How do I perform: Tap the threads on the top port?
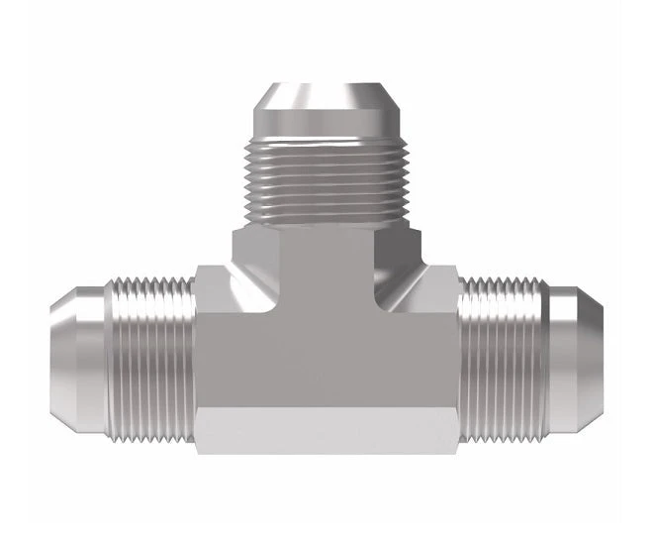[x=327, y=184]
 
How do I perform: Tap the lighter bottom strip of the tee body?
[x=327, y=436]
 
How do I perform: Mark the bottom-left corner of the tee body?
[x=197, y=453]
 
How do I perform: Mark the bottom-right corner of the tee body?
[x=457, y=453]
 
